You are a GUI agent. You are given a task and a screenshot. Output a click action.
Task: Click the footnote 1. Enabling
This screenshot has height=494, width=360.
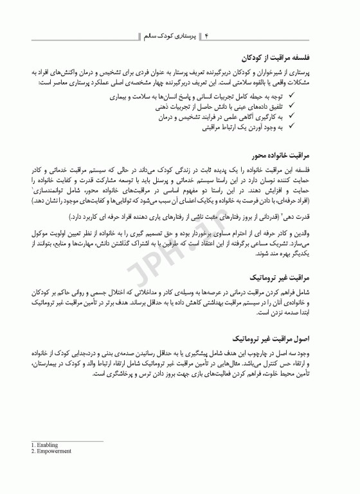click(x=45, y=445)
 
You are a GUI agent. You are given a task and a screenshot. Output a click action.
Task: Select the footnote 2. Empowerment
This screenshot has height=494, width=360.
click(x=51, y=452)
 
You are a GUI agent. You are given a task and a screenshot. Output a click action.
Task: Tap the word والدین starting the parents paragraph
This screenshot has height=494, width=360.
click(x=319, y=233)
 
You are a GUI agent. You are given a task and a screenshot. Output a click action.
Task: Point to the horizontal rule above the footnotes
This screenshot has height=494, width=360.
click(x=67, y=441)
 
